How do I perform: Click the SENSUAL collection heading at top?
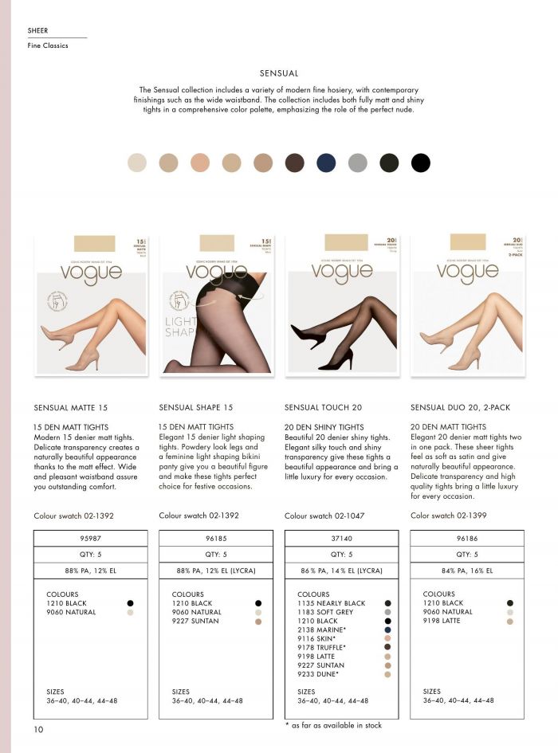279,73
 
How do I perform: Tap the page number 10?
38,729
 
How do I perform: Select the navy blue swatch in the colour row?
326,163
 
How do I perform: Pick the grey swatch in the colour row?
357,163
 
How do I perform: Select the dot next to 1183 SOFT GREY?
387,613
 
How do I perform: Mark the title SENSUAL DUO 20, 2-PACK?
460,407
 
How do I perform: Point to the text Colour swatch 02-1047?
324,516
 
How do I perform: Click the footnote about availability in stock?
333,725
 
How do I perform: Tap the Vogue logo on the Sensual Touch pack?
342,271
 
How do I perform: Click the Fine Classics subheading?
48,46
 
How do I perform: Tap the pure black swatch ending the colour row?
420,163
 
